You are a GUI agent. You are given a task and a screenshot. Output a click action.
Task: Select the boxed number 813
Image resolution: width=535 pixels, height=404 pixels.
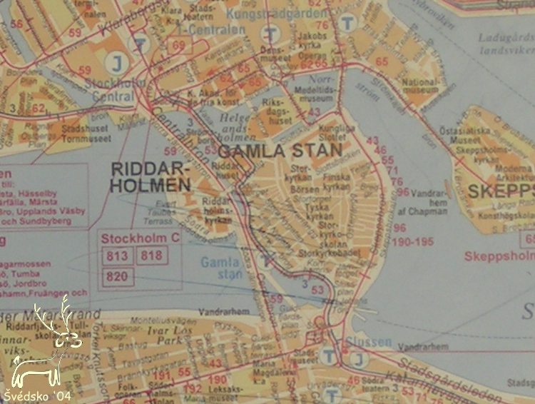(x=116, y=256)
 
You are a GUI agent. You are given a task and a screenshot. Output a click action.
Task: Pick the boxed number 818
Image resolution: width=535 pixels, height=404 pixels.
(x=152, y=256)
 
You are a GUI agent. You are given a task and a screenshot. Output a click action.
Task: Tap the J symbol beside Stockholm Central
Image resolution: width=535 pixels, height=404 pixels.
(x=115, y=64)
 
